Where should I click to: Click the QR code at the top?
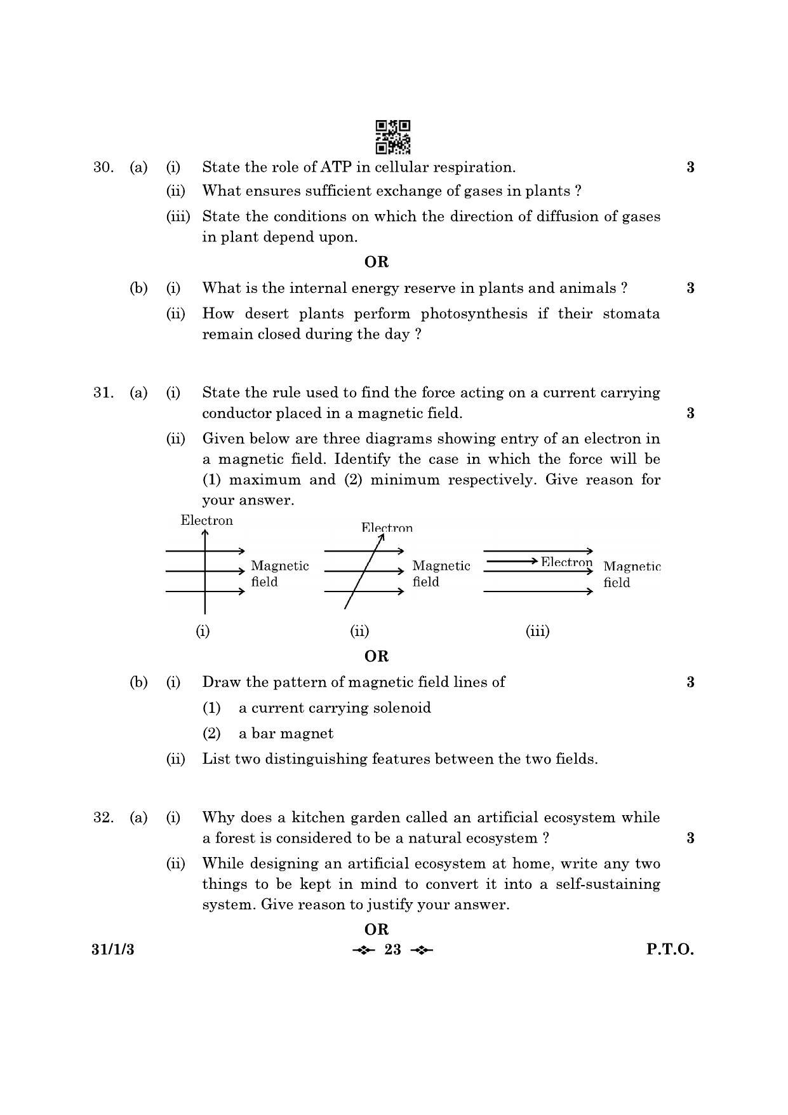[392, 137]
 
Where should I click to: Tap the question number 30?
[103, 167]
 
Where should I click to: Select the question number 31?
[103, 393]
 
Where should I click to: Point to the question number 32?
[103, 818]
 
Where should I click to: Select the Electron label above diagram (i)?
[206, 521]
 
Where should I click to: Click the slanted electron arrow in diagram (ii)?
[364, 570]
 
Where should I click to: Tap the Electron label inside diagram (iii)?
[566, 562]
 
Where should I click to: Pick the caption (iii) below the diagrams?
[537, 631]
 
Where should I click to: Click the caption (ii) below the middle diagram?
[359, 631]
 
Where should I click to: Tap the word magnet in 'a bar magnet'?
[310, 733]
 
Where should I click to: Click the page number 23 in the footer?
[393, 950]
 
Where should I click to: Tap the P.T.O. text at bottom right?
[670, 950]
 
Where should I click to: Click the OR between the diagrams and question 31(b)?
[377, 656]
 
